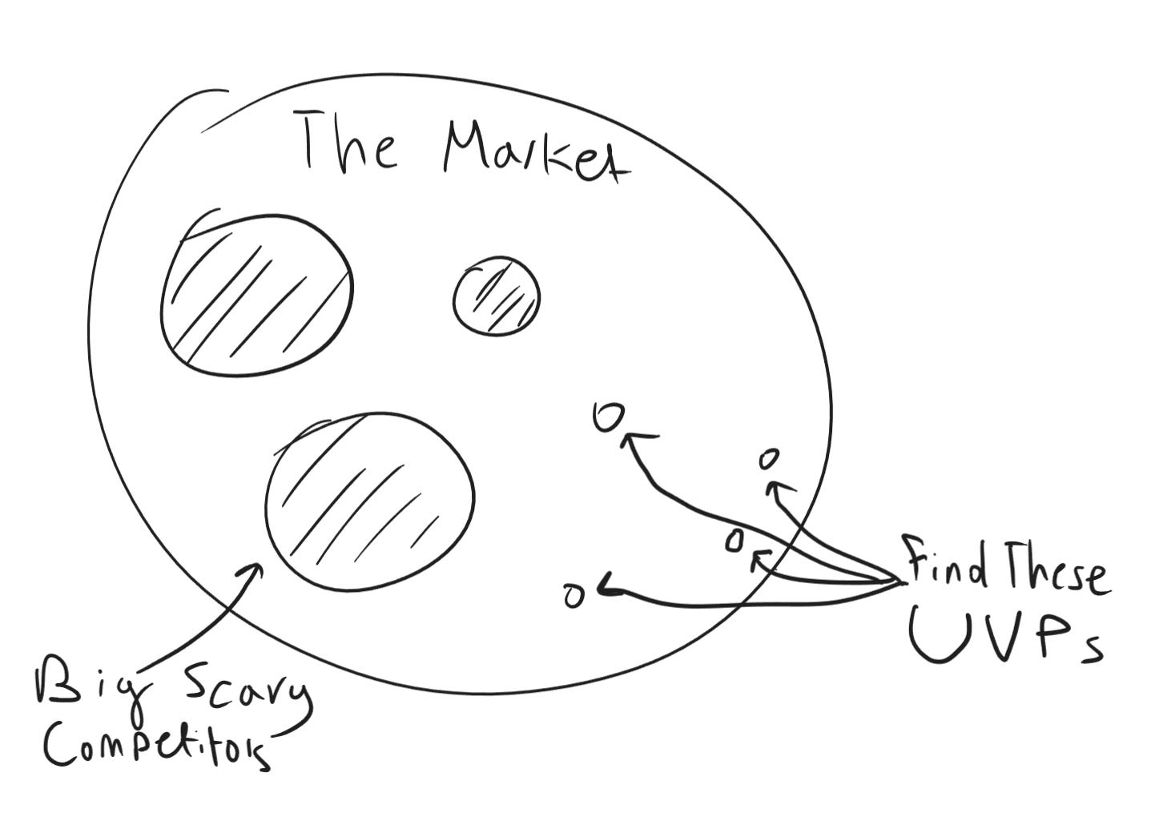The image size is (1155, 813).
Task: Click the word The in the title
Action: click(348, 143)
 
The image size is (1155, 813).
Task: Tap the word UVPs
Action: click(1005, 637)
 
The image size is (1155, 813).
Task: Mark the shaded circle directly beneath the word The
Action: click(256, 293)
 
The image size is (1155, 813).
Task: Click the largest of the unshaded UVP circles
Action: click(609, 416)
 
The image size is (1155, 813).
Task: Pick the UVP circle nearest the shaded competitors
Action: click(573, 595)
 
